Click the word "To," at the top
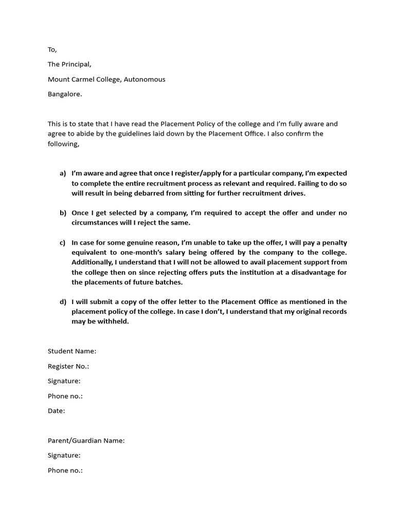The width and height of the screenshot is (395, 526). (x=52, y=50)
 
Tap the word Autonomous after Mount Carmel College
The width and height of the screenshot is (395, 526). (x=145, y=80)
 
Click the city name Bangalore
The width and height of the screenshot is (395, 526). (x=64, y=95)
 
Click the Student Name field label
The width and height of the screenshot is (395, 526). (x=72, y=351)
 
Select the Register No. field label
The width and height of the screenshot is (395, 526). (x=68, y=366)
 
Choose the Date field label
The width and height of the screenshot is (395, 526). (x=56, y=411)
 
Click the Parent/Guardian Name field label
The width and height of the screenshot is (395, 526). (x=86, y=441)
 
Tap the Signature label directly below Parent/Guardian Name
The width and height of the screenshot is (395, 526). (x=64, y=456)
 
